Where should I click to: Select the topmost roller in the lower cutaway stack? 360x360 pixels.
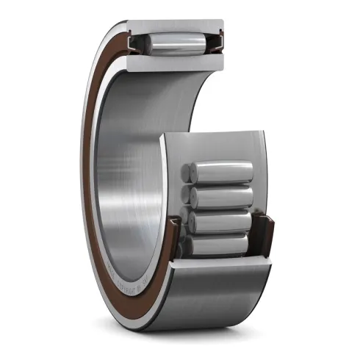pyautogui.click(x=220, y=173)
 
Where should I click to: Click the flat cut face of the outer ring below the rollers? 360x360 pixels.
pyautogui.click(x=220, y=266)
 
